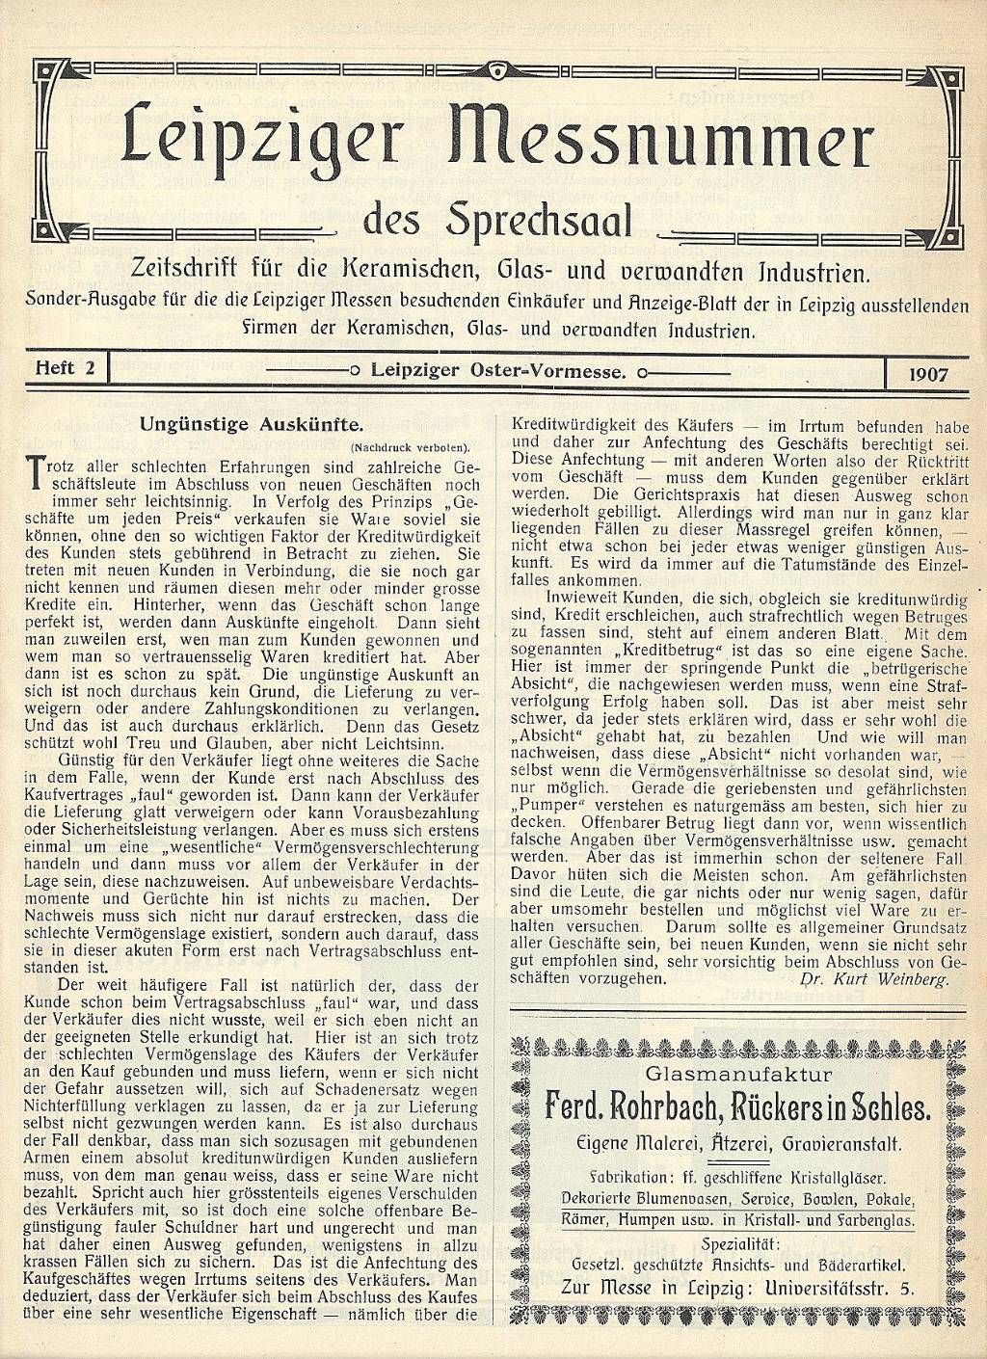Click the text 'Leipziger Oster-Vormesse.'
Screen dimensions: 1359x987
pos(499,369)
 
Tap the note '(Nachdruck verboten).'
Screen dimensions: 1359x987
pos(410,447)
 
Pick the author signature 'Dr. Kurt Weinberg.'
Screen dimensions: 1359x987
pos(875,977)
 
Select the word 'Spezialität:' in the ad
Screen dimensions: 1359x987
pos(738,1240)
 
